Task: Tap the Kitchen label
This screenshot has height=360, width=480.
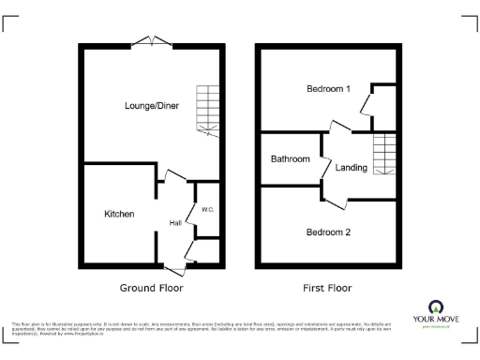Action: tap(119, 214)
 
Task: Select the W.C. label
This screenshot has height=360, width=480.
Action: tap(207, 209)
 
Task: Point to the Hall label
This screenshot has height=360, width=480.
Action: tap(175, 223)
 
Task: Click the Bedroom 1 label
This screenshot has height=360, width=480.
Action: tap(328, 89)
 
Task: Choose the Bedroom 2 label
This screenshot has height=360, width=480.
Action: tap(328, 232)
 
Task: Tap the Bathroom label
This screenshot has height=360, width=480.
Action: tap(290, 159)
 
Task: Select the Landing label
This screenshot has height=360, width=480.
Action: tap(352, 168)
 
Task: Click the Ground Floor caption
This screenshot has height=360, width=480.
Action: tap(151, 288)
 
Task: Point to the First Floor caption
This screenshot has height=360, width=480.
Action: tap(327, 288)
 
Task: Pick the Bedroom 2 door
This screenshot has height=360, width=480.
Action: tap(336, 198)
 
